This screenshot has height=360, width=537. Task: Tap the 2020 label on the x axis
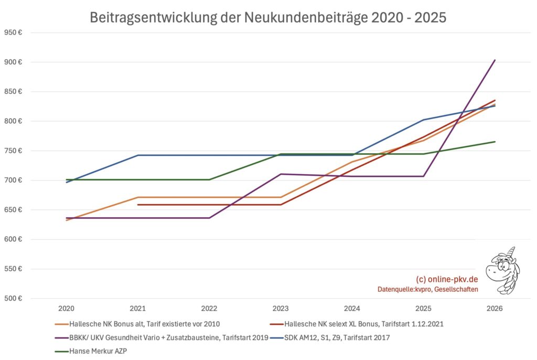66,309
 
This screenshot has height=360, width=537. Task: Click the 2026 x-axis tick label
495,309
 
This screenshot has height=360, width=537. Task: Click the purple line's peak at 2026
495,60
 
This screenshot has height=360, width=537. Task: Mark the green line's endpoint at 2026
495,142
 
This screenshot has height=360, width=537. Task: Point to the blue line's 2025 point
423,120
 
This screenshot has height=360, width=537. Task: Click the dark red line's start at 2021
138,205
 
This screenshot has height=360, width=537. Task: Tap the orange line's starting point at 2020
67,220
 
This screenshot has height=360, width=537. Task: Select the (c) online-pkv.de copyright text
446,279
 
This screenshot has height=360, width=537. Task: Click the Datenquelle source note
427,289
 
